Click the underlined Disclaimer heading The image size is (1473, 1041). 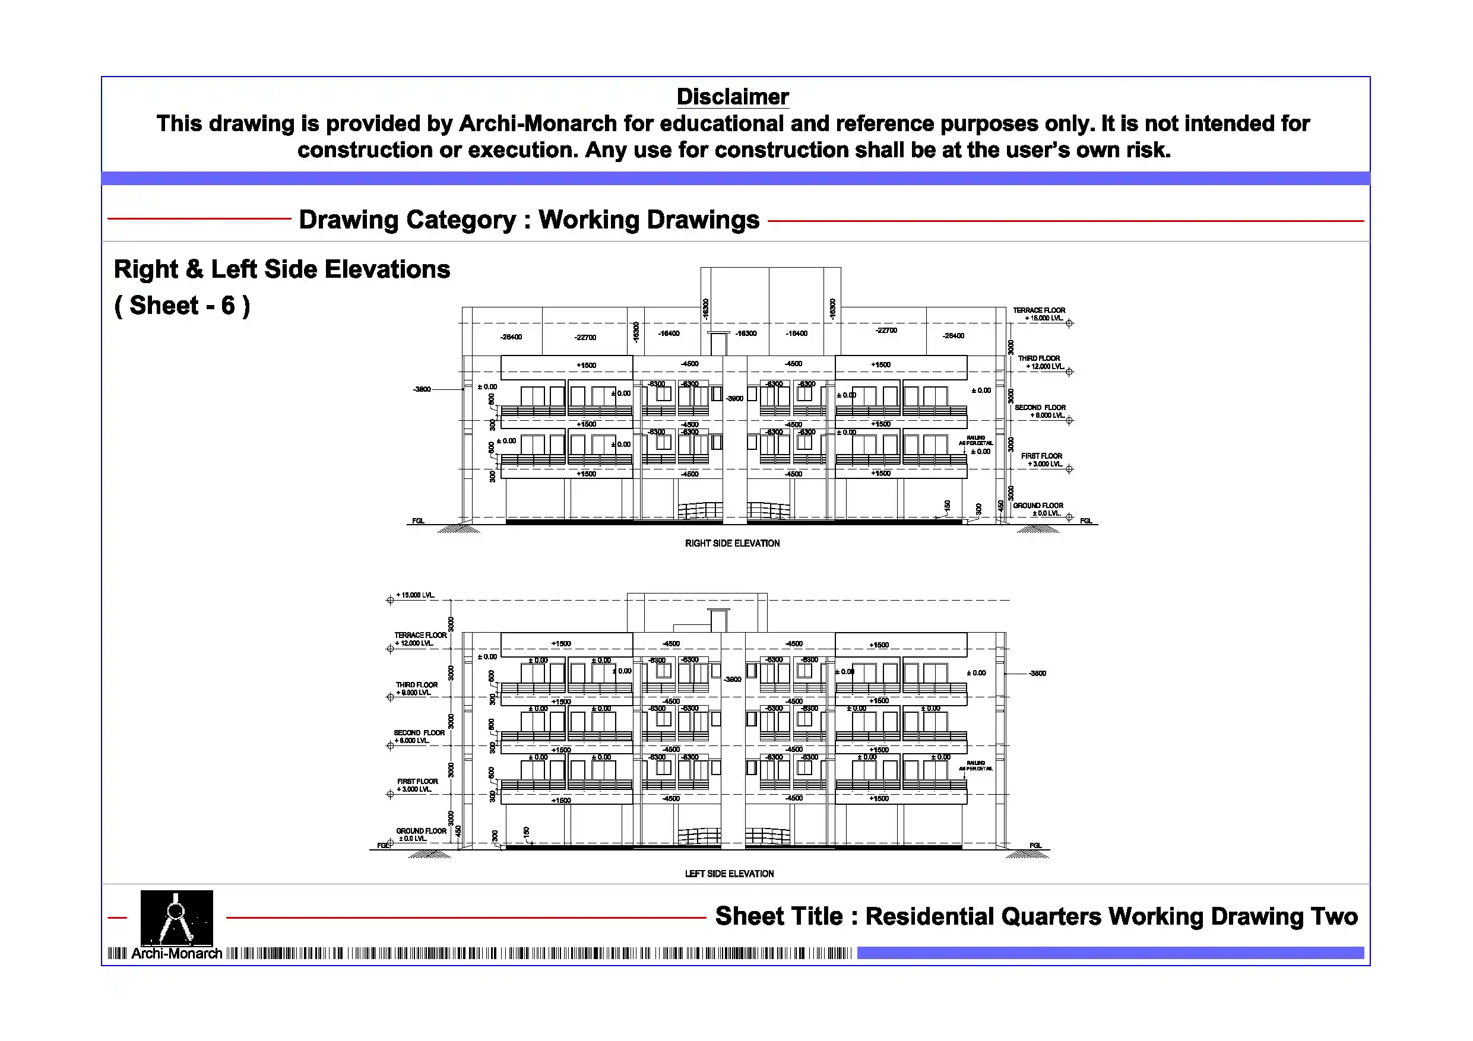click(x=732, y=97)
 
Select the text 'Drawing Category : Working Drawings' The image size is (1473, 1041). click(x=528, y=220)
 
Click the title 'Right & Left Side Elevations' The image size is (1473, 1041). click(x=281, y=269)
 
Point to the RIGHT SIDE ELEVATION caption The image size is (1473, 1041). click(x=732, y=543)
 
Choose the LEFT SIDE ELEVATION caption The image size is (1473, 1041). click(x=729, y=874)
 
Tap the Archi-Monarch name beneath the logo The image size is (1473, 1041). click(x=176, y=954)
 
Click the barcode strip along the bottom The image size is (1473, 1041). click(x=539, y=954)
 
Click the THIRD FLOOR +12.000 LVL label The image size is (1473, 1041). click(x=1040, y=363)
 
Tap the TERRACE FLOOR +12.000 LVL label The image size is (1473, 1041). click(x=420, y=639)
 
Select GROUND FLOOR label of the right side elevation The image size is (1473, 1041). click(x=1038, y=509)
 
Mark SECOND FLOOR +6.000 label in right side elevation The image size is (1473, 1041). click(x=1040, y=411)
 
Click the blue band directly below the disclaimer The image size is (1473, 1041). click(x=735, y=178)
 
